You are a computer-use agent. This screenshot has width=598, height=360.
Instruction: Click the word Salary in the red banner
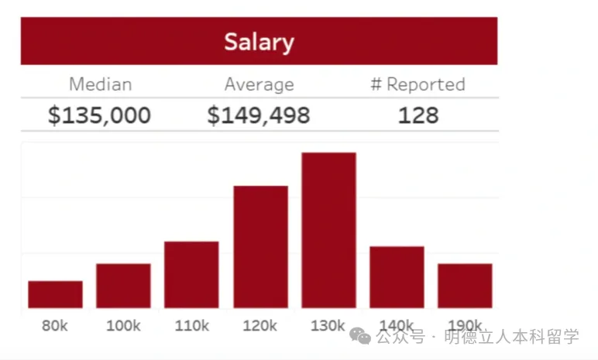pos(259,41)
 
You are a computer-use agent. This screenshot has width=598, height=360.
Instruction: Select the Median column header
pos(100,84)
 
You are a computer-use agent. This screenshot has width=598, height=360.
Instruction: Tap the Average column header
pos(259,84)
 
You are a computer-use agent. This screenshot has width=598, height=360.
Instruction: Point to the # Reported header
pos(418,84)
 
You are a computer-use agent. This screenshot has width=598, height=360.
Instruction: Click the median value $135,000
pos(99,115)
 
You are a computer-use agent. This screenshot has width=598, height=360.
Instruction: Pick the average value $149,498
pos(258,115)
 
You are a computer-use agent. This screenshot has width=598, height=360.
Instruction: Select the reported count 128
pos(418,115)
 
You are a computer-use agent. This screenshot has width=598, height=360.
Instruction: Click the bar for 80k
pos(55,295)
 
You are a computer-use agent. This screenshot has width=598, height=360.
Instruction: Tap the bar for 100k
pos(123,286)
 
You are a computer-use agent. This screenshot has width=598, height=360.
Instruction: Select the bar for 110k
pos(191,275)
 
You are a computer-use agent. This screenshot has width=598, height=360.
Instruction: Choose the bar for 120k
pos(260,247)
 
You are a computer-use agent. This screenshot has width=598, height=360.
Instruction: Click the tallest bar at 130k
pos(328,231)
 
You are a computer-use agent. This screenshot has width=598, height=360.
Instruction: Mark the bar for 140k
pos(397,277)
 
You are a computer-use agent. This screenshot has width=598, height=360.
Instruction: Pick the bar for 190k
pos(465,286)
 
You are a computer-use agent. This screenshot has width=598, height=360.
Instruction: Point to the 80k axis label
pos(55,326)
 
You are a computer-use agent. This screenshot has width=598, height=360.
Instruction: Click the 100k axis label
pos(123,326)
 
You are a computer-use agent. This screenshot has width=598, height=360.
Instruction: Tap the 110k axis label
pos(191,326)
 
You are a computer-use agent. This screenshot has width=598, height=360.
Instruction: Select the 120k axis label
pos(260,326)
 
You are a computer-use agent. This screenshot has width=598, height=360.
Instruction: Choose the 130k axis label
pos(328,326)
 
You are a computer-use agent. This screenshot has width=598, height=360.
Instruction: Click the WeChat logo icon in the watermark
pos(360,336)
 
